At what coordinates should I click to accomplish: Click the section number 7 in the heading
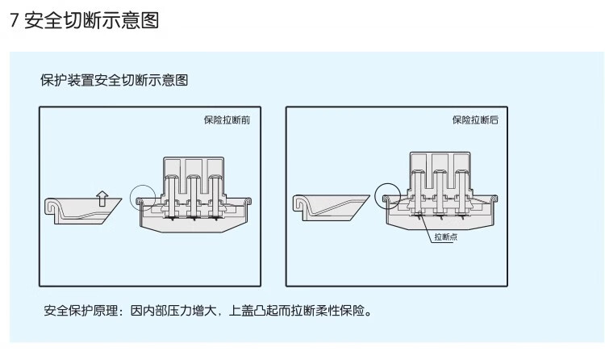tap(14, 21)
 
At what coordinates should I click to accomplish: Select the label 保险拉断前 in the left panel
tap(227, 120)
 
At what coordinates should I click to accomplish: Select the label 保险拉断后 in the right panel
tap(474, 120)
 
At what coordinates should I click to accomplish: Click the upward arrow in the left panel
tap(101, 196)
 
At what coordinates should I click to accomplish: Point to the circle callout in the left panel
tap(142, 196)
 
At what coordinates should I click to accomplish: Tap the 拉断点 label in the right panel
tap(445, 237)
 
